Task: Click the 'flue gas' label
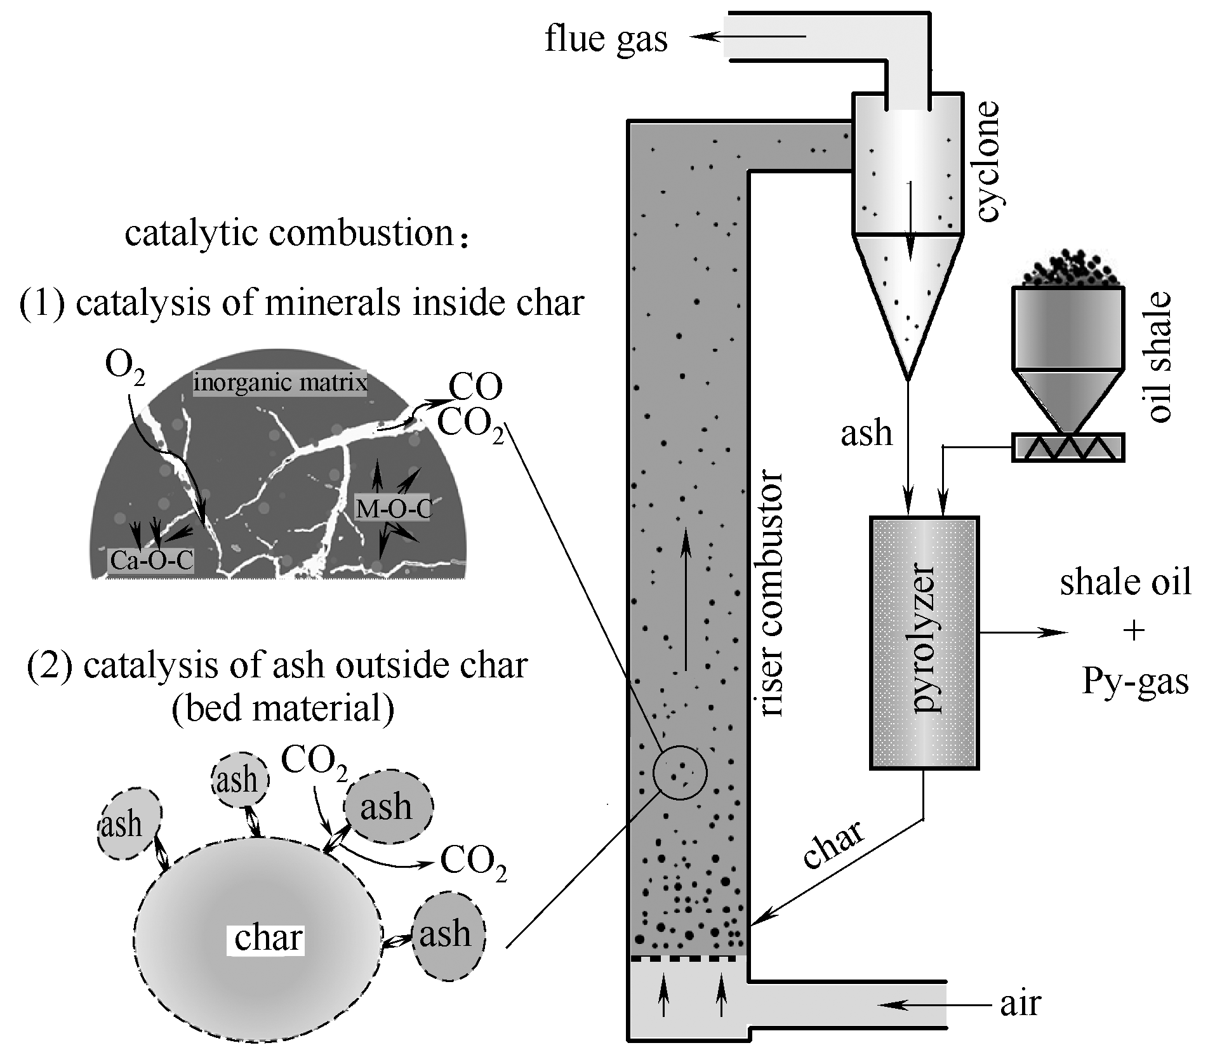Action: (606, 39)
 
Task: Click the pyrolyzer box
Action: (924, 642)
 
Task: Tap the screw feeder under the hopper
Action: (1068, 447)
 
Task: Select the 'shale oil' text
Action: (1126, 582)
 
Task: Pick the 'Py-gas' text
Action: (1134, 681)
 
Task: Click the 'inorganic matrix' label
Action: (280, 383)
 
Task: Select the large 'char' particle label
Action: (267, 938)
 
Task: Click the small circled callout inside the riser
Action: (680, 772)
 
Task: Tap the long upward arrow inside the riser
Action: (686, 603)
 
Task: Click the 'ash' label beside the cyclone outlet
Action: (867, 433)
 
